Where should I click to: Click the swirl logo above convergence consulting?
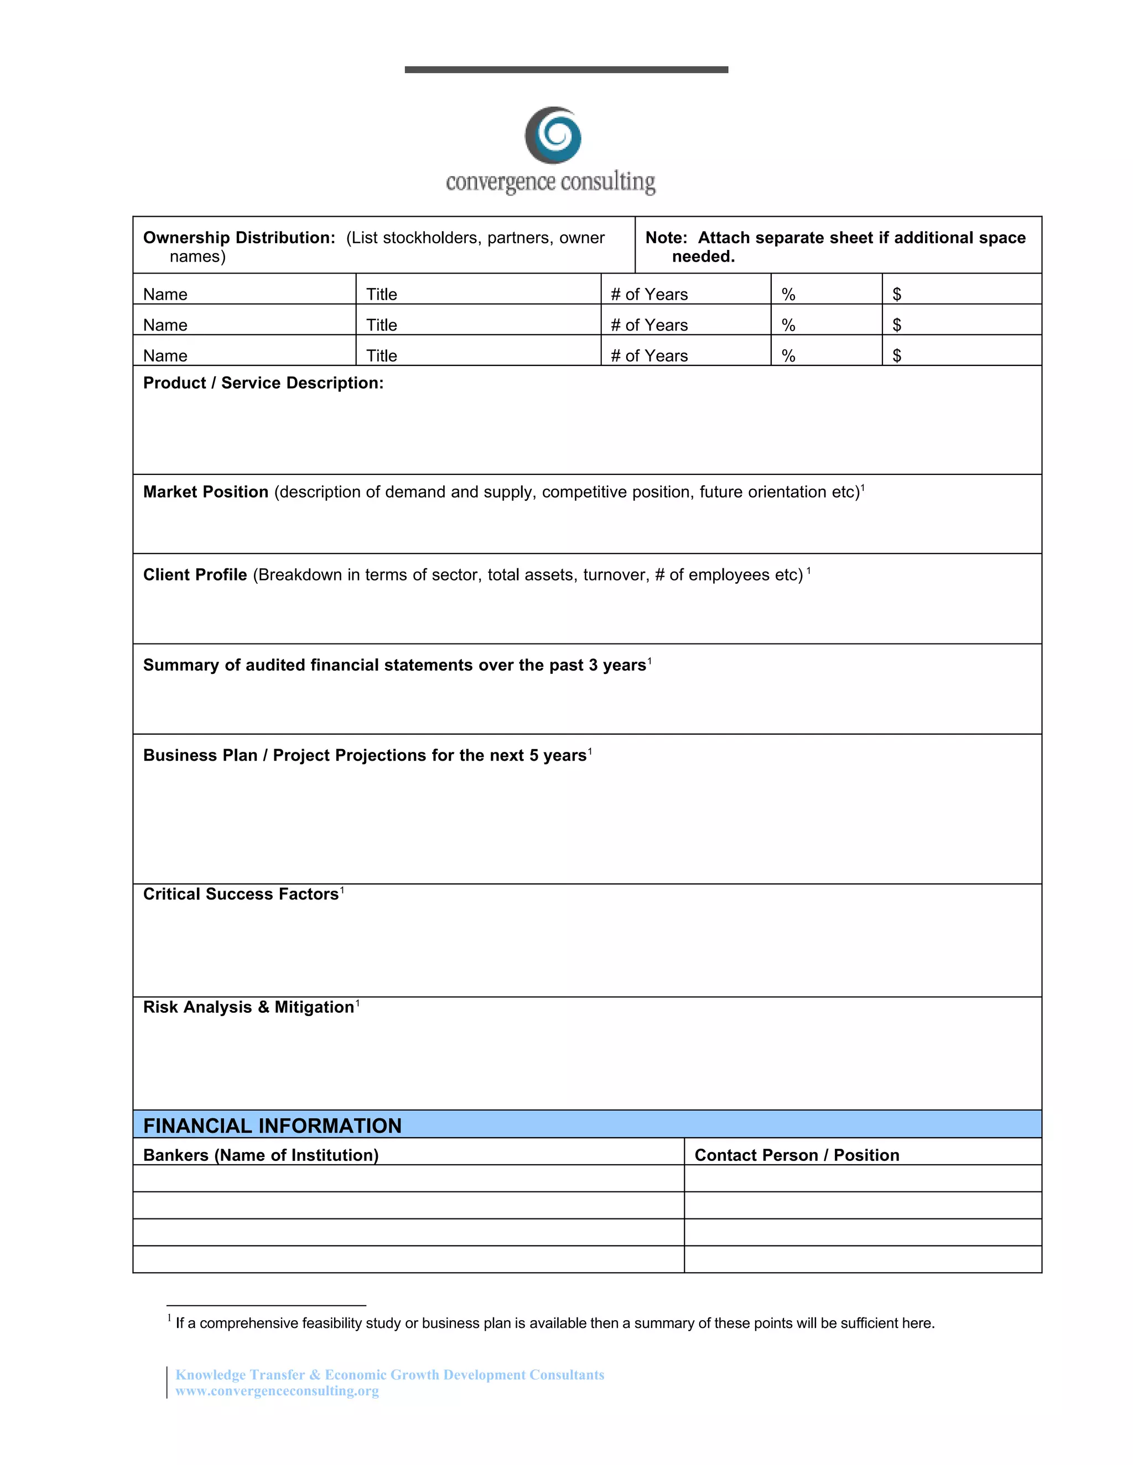click(x=553, y=135)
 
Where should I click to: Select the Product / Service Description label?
click(x=263, y=383)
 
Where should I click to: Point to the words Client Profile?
click(x=195, y=575)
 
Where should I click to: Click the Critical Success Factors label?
click(x=241, y=894)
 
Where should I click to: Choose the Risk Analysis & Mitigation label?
click(x=248, y=1007)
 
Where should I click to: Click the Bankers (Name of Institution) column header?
click(x=261, y=1155)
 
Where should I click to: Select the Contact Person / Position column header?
click(x=797, y=1155)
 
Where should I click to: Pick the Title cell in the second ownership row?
click(x=382, y=325)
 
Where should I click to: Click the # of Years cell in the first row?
click(x=649, y=295)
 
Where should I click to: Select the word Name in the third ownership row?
click(x=165, y=355)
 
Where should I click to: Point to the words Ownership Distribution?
click(x=238, y=238)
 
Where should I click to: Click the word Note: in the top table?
click(x=666, y=238)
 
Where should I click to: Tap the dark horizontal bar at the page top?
click(x=566, y=70)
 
